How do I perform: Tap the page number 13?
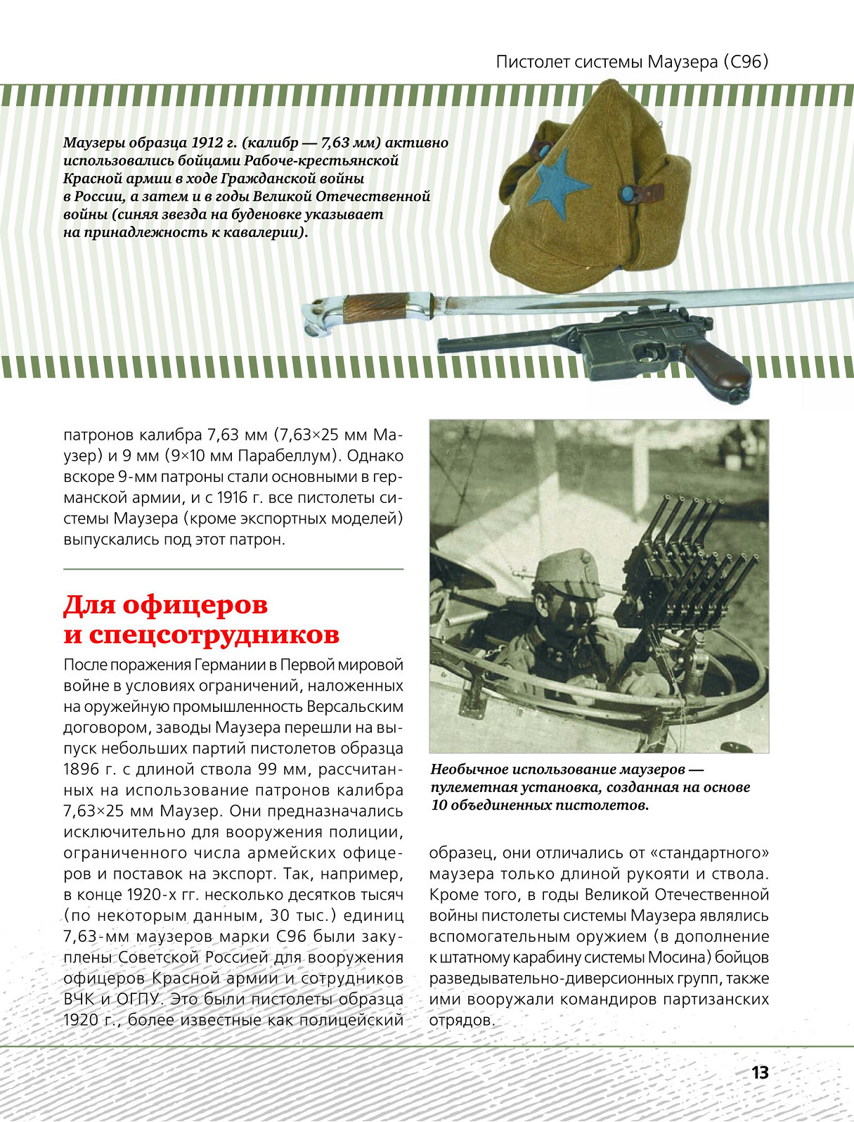pos(760,1073)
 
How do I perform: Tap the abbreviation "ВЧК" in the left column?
pos(82,1000)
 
